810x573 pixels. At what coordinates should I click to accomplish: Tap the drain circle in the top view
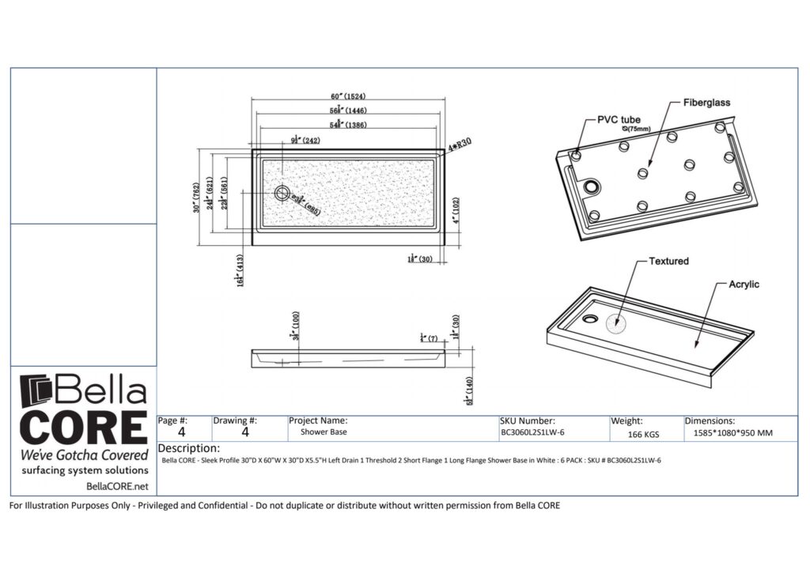[x=282, y=192]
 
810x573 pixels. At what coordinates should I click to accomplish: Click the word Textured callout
[x=668, y=261]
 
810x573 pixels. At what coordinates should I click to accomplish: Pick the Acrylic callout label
[x=744, y=285]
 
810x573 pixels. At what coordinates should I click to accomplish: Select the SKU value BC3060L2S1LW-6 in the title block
[x=532, y=433]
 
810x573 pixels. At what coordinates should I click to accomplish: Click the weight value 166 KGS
[x=645, y=434]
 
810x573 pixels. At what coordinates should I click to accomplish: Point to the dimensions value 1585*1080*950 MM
[x=733, y=433]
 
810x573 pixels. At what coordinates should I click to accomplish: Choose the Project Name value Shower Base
[x=324, y=432]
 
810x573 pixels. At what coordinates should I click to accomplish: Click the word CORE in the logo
[x=83, y=428]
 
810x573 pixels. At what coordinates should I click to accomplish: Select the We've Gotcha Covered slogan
[x=84, y=455]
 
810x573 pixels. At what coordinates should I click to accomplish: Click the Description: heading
[x=189, y=448]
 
